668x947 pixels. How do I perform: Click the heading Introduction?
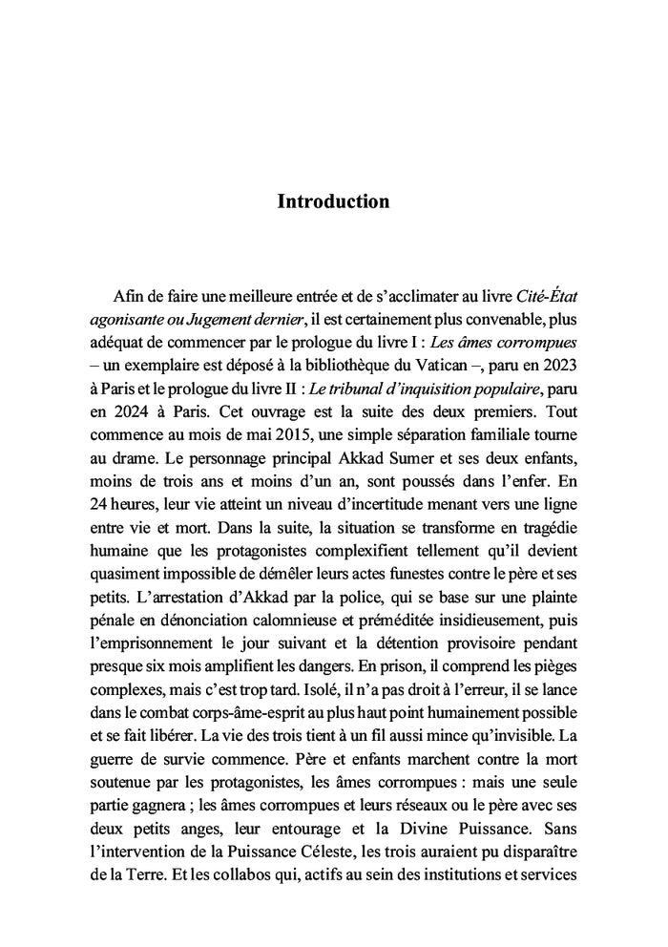333,201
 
